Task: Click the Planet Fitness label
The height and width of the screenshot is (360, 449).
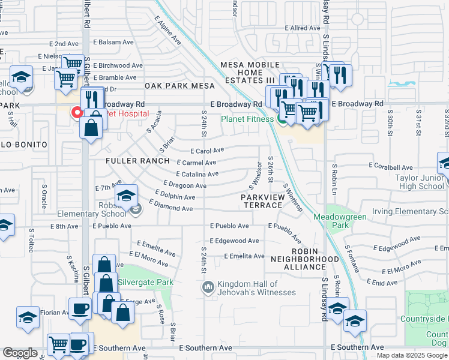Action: coord(247,119)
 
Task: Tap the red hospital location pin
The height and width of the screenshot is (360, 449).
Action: coord(77,112)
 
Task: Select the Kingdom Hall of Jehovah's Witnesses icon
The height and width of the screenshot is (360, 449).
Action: coord(208,288)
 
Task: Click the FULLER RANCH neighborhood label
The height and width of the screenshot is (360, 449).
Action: coord(135,161)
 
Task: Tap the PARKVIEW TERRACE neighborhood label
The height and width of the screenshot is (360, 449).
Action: coord(262,201)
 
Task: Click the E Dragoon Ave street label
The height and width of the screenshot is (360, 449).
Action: coord(184,185)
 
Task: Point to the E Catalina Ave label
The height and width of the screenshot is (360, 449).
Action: coord(198,174)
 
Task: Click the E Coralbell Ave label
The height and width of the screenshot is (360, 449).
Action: coord(391,166)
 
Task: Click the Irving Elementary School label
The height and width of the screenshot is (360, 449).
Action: coord(410,211)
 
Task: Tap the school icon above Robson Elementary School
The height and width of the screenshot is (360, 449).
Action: coord(127,196)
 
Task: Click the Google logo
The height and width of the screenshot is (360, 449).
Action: coord(20,353)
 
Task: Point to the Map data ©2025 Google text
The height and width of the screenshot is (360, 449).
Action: coord(412,355)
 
